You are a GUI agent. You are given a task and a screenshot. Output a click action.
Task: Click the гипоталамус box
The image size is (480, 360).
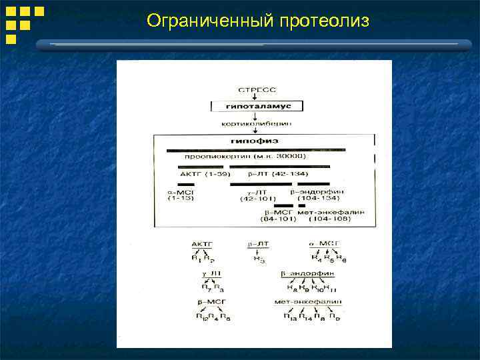(x=256, y=106)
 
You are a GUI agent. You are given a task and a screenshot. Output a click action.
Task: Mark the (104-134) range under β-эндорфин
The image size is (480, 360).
(x=320, y=199)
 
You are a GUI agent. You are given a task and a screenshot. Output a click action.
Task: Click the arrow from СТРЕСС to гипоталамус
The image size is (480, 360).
(x=255, y=97)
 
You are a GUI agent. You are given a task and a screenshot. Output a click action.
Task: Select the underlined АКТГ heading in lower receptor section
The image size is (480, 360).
(x=201, y=244)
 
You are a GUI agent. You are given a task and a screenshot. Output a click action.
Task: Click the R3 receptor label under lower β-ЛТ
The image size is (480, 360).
(x=258, y=260)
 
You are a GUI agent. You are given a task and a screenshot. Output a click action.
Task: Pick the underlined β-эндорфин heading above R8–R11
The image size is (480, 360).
(x=309, y=273)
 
